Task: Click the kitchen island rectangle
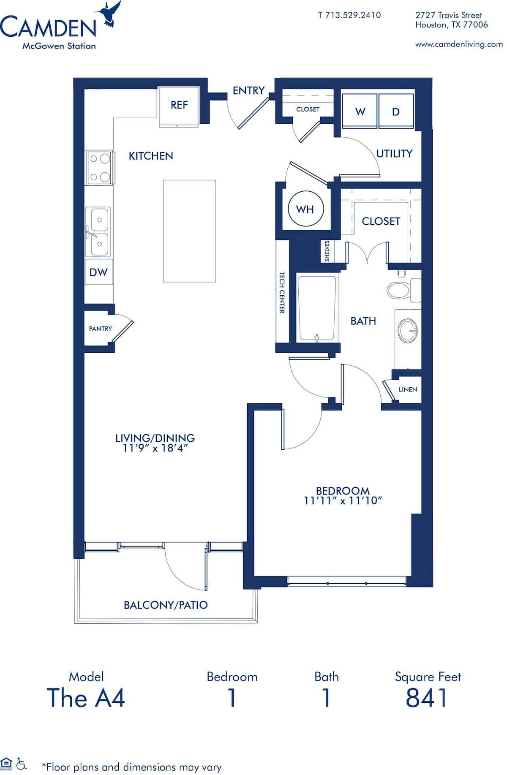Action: pyautogui.click(x=189, y=231)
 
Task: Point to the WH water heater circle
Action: pyautogui.click(x=305, y=209)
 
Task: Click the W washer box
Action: pyautogui.click(x=360, y=111)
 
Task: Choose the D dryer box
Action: pyautogui.click(x=396, y=111)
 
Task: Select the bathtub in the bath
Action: pyautogui.click(x=316, y=307)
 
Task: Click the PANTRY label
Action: pyautogui.click(x=100, y=329)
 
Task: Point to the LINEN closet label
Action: pyautogui.click(x=408, y=389)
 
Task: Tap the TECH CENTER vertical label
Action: pyautogui.click(x=282, y=292)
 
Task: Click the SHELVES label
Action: pyautogui.click(x=327, y=251)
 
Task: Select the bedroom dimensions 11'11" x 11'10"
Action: pyautogui.click(x=343, y=501)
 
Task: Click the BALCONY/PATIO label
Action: pyautogui.click(x=166, y=605)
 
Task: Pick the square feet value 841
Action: pyautogui.click(x=426, y=698)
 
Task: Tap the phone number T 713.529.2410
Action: pyautogui.click(x=349, y=15)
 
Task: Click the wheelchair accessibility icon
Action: pyautogui.click(x=22, y=764)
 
